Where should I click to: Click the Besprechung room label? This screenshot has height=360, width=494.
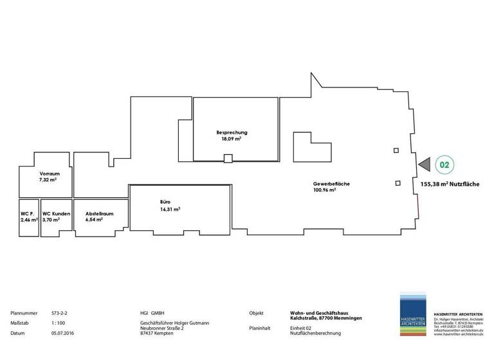232,132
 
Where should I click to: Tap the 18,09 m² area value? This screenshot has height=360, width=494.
232,139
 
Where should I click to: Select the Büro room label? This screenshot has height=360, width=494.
165,202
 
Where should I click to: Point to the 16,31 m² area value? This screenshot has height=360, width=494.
170,209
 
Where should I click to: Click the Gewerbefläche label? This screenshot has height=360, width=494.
331,184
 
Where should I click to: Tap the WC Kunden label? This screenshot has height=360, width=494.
56,213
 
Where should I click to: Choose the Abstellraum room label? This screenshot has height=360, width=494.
99,213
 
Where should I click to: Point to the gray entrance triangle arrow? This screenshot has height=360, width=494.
424,165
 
